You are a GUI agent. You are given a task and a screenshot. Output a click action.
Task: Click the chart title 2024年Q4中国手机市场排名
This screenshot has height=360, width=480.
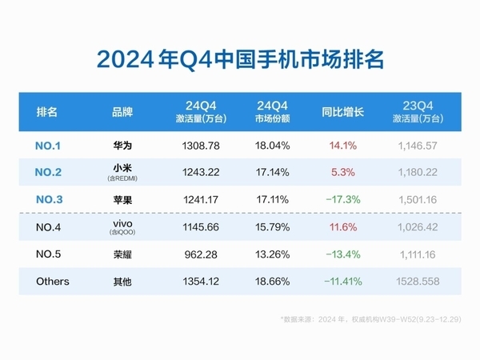coord(240,59)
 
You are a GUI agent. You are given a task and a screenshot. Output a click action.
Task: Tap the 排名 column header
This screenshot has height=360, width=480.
coord(48,112)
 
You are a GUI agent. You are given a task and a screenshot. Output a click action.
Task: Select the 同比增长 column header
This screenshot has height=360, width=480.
coord(342,112)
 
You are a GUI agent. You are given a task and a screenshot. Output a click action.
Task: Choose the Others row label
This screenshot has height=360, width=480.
coord(53,282)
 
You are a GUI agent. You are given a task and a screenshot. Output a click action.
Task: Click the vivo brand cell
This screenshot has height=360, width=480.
coord(123,228)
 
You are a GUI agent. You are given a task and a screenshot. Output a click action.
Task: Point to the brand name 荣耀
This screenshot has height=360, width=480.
coord(123,255)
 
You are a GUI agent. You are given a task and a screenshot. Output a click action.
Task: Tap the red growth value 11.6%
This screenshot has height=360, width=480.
coord(342,228)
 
